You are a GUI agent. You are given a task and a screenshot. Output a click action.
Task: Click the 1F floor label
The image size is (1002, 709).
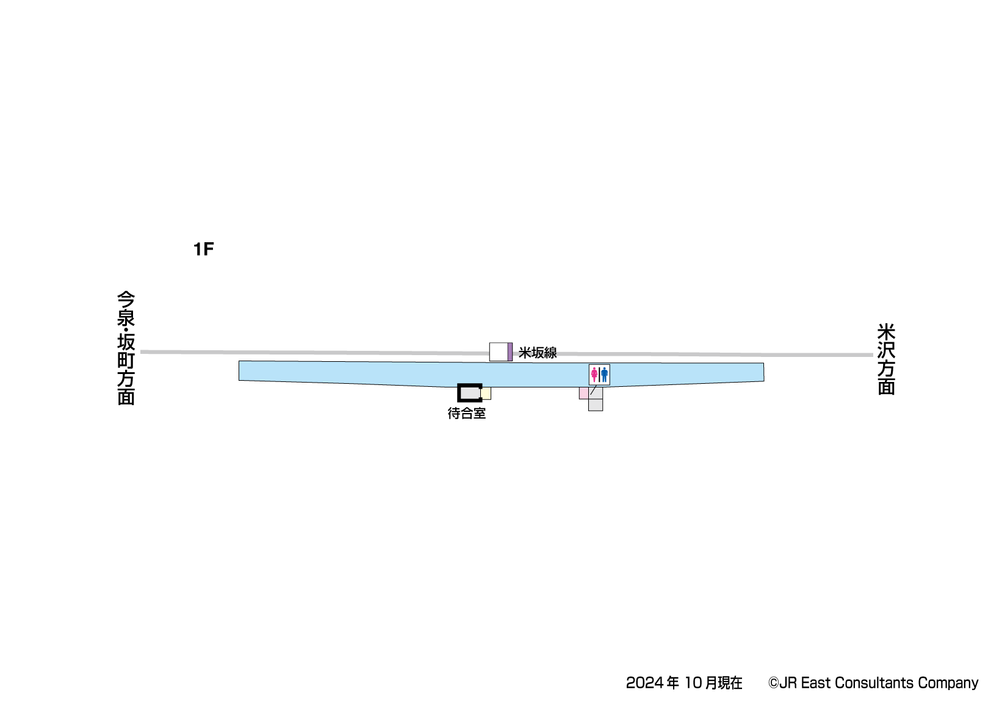pos(204,249)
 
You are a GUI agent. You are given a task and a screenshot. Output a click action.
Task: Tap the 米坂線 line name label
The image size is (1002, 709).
pos(538,353)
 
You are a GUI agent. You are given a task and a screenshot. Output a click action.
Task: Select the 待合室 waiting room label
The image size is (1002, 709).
pos(467,413)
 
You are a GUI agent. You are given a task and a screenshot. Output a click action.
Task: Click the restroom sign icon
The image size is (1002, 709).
pos(599,375)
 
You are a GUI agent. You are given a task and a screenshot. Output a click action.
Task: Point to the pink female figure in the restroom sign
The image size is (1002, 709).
pos(594,375)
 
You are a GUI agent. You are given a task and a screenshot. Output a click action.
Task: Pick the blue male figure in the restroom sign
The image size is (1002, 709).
pos(604,375)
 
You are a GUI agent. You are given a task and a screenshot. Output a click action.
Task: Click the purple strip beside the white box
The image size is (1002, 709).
pos(510,351)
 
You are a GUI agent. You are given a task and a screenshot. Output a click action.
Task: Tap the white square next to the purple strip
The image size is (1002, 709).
pos(499,351)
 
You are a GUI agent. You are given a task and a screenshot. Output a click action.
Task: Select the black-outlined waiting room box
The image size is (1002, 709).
pos(470,393)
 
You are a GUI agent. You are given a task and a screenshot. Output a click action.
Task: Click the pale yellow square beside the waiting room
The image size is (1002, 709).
pos(486,393)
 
